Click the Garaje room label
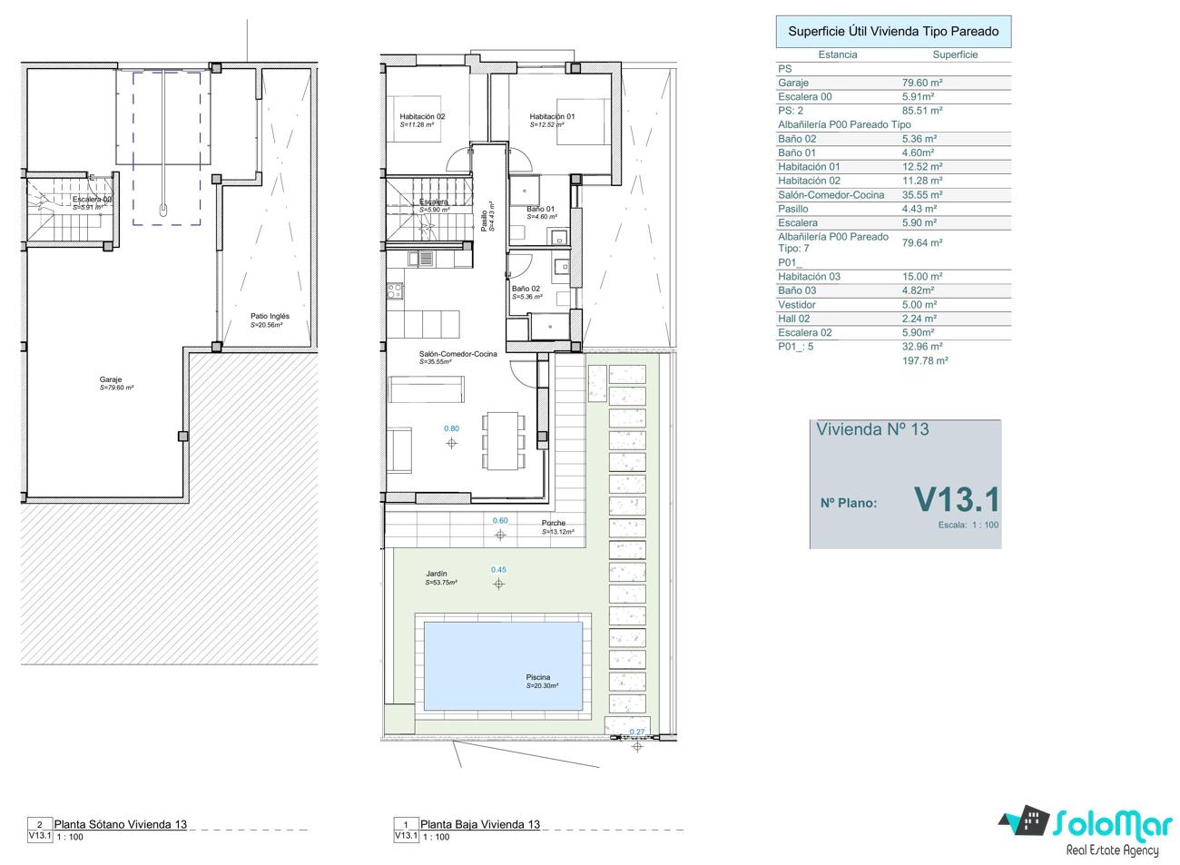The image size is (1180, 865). click(111, 379)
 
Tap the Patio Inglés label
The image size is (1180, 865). click(270, 316)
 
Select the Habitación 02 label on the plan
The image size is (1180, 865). click(422, 116)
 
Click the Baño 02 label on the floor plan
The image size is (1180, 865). click(526, 289)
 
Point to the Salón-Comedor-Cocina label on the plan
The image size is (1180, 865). click(457, 354)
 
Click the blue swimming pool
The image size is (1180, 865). click(503, 666)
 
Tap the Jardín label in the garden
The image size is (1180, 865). click(437, 574)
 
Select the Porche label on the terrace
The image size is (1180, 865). click(553, 523)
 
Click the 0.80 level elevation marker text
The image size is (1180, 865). click(451, 428)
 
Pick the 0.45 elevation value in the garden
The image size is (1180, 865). click(498, 569)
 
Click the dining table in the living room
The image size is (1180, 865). click(503, 441)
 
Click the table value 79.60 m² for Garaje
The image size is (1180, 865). click(922, 83)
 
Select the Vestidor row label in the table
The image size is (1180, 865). click(797, 305)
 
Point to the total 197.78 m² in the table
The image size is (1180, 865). click(925, 361)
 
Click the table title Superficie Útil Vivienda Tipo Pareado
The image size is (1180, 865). click(893, 32)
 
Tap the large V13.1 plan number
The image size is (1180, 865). click(957, 500)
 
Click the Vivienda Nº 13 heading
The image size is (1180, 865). click(872, 429)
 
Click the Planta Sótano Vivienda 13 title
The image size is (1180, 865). click(121, 824)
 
